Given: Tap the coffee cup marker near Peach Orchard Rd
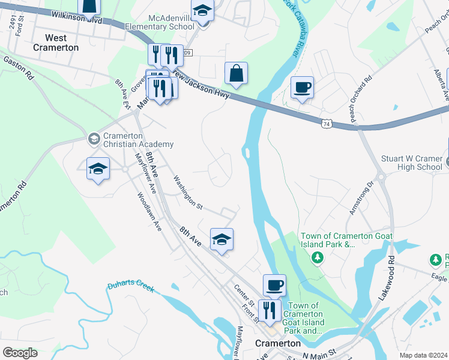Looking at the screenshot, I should tap(303, 88).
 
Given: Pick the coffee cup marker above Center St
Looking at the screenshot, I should tap(274, 284).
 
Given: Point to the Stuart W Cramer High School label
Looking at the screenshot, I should tap(412, 163).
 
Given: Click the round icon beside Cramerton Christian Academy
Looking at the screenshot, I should tap(93, 139).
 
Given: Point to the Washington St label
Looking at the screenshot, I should tap(187, 193).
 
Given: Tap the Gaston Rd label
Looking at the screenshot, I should tap(19, 68).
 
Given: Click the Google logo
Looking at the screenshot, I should tap(20, 352).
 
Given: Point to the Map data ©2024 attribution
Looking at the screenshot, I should tap(423, 355).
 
